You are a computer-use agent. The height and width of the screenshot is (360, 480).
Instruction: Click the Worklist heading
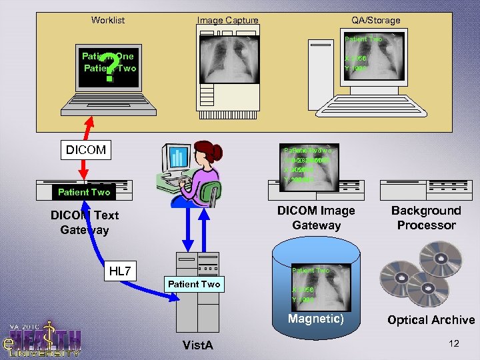108,20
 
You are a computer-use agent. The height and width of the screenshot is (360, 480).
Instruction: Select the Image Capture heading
227,20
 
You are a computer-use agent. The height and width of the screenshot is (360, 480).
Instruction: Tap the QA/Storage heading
376,20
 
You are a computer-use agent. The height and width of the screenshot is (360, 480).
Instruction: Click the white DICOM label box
85,150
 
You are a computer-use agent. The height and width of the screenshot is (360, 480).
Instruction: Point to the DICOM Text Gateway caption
85,223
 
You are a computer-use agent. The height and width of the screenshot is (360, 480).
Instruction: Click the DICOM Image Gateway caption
316,218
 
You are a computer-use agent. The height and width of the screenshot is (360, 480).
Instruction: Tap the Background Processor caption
426,218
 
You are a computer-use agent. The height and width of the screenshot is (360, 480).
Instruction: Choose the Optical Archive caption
431,320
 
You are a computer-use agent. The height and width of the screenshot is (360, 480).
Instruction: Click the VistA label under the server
198,345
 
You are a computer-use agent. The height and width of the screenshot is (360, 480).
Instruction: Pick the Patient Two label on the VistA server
193,284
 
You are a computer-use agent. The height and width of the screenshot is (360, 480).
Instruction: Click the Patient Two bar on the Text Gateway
83,192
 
